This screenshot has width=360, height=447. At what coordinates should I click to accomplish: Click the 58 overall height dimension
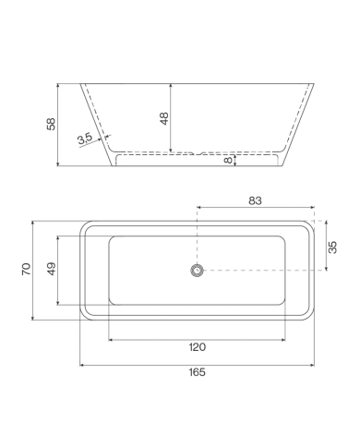pyautogui.click(x=50, y=123)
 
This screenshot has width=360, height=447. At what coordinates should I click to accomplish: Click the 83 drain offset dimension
pyautogui.click(x=258, y=199)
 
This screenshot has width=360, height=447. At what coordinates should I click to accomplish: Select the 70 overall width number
pyautogui.click(x=27, y=269)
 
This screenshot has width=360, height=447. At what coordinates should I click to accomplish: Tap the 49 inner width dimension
pyautogui.click(x=52, y=269)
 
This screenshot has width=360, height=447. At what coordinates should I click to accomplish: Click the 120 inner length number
pyautogui.click(x=196, y=347)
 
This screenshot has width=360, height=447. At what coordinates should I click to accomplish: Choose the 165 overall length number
pyautogui.click(x=196, y=372)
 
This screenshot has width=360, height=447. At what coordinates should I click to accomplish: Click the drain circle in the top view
pyautogui.click(x=196, y=270)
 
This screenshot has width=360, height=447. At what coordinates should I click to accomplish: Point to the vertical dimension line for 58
pyautogui.click(x=59, y=125)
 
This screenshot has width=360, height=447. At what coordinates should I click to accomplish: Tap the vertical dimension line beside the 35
pyautogui.click(x=326, y=246)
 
